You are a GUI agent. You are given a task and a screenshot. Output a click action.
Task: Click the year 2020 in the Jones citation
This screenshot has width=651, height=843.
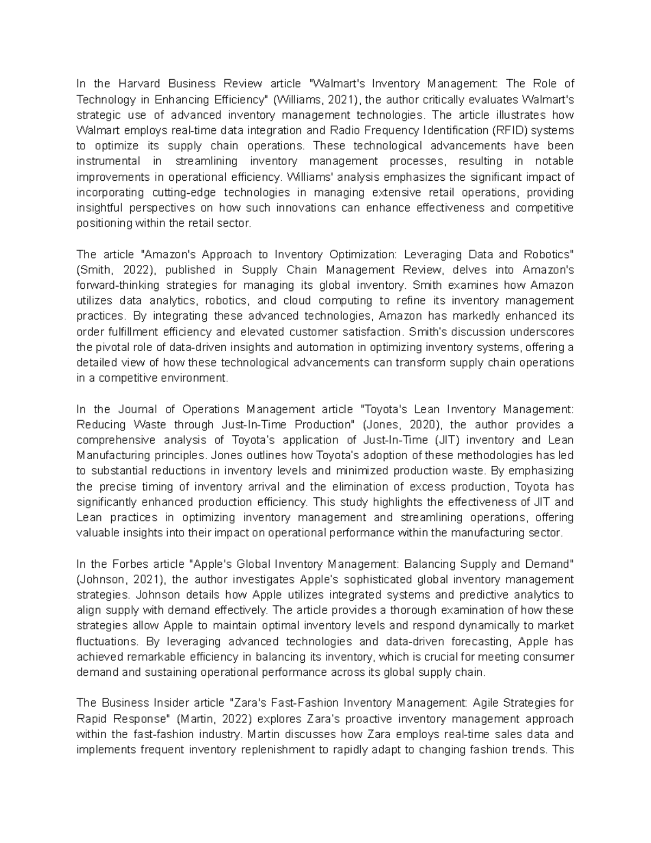click(x=418, y=424)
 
